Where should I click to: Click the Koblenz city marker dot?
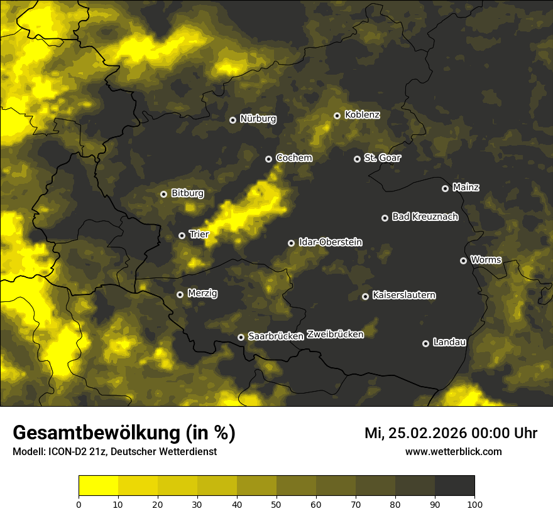point(337,115)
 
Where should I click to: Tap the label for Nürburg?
point(258,119)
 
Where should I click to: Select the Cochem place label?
point(293,158)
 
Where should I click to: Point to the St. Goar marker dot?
point(357,159)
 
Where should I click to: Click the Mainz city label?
point(466,187)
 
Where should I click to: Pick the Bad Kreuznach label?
point(425,217)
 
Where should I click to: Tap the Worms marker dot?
point(463,260)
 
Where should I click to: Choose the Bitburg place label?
point(187,193)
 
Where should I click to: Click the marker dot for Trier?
point(182,235)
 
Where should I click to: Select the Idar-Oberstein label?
point(331,242)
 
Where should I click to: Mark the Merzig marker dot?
point(180,294)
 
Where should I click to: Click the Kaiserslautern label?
point(403,295)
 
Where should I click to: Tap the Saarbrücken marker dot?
point(241,337)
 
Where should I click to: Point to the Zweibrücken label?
point(335,335)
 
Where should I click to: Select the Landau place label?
point(449,342)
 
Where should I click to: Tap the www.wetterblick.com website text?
point(453,451)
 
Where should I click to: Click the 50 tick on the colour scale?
point(276,503)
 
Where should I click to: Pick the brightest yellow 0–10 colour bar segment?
point(98,486)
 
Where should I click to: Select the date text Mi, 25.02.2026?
point(419,433)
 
